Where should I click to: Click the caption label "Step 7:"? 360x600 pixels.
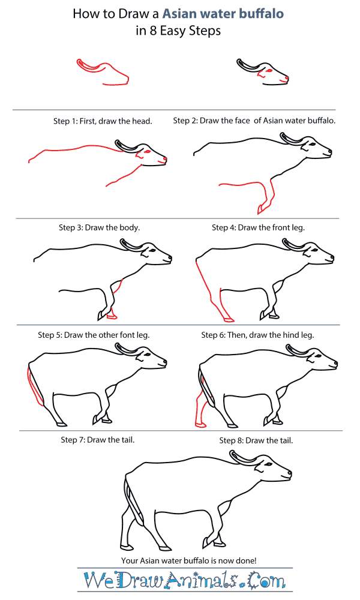pyautogui.click(x=73, y=440)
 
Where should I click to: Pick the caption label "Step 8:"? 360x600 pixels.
pyautogui.click(x=232, y=440)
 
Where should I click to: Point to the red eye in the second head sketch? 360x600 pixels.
pyautogui.click(x=269, y=71)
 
